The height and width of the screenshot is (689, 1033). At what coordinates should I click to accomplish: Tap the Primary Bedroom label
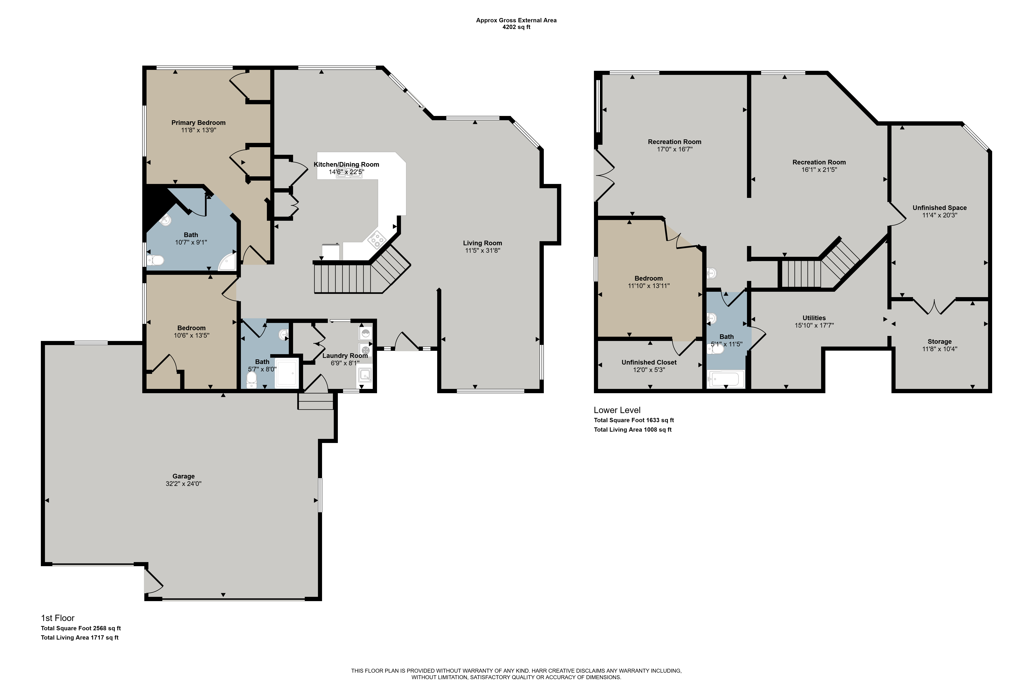199,123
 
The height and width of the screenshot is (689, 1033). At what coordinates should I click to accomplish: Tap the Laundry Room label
345,355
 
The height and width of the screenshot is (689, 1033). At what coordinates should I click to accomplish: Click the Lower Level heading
617,410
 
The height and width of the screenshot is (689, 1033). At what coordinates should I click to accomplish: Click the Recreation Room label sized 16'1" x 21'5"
819,162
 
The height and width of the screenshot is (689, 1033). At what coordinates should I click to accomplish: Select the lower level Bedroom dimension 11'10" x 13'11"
649,286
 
